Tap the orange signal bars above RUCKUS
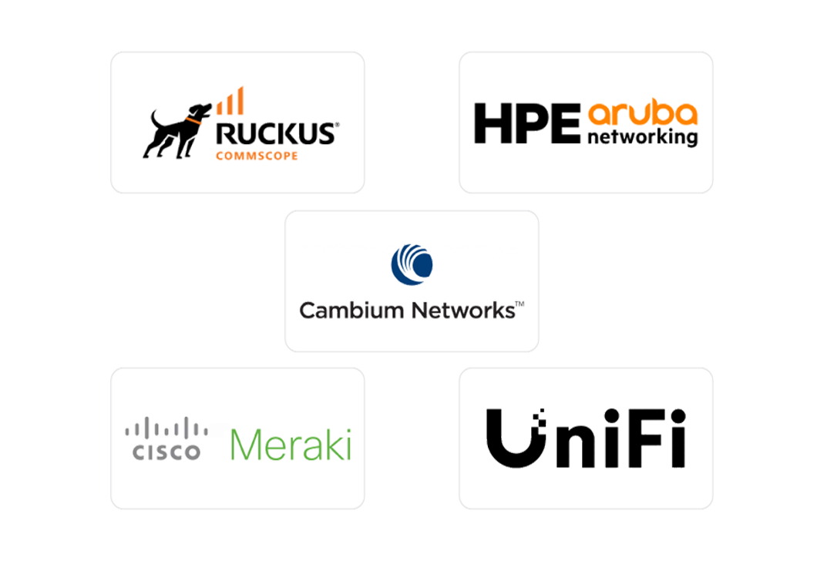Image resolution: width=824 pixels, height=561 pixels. pyautogui.click(x=231, y=102)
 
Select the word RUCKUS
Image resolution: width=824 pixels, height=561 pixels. pyautogui.click(x=276, y=133)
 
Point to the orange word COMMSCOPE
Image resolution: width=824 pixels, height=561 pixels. pyautogui.click(x=257, y=156)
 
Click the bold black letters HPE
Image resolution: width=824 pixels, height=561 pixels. pyautogui.click(x=526, y=124)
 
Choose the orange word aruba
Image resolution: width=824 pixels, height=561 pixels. pyautogui.click(x=642, y=114)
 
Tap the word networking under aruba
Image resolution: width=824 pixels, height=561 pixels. pyautogui.click(x=642, y=138)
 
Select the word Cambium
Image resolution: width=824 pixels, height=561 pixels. pyautogui.click(x=351, y=311)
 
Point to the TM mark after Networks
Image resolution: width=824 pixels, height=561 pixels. pyautogui.click(x=520, y=305)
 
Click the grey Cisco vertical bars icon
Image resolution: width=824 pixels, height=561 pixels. pyautogui.click(x=166, y=428)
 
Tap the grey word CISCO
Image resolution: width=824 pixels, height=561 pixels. pyautogui.click(x=166, y=452)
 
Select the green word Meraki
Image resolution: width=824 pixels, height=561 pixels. pyautogui.click(x=291, y=445)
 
